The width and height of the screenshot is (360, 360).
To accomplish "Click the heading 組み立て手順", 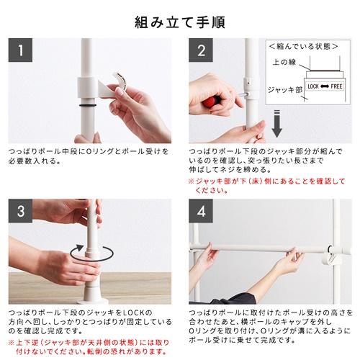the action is coord(180,22).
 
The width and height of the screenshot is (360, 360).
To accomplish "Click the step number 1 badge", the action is coord(20,50).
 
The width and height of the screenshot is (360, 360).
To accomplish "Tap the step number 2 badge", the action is coord(201,50).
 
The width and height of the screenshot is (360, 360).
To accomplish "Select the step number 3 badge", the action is coord(20,211).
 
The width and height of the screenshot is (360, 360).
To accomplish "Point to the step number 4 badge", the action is coord(201,211).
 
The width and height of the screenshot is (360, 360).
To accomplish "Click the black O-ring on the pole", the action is coord(88,105).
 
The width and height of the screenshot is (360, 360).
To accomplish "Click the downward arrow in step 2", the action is coord(276,124).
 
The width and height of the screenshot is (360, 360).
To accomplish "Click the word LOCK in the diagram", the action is coord(313,86).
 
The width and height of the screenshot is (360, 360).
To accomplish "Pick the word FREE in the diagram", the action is coord(336,86).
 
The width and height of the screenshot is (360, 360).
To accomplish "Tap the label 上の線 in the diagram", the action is coord(284,62).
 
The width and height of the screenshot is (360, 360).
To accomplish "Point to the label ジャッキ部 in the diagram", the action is coord(285,90).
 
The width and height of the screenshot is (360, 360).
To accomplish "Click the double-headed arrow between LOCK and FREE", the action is coord(325,86).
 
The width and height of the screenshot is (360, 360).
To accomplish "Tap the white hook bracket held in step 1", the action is coord(113,86).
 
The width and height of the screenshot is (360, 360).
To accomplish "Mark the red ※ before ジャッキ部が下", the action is coord(191,181).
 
